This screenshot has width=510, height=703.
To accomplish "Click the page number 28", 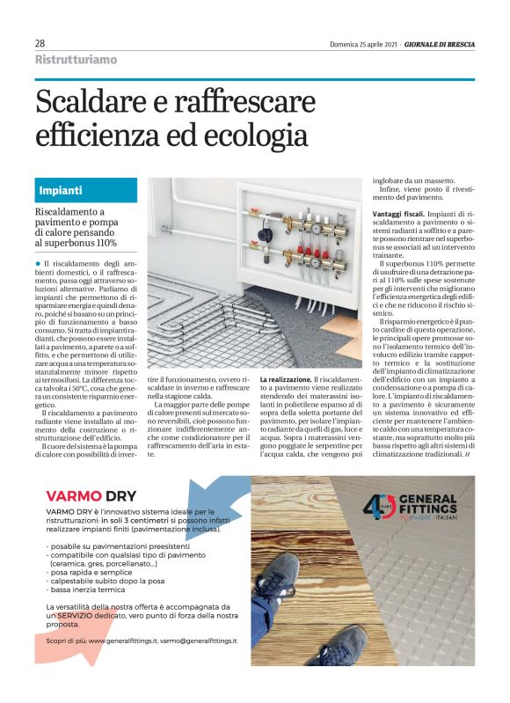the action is (40, 43).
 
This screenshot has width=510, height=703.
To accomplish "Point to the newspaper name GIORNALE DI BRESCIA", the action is (440, 44).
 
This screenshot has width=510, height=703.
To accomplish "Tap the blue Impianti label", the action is (62, 190).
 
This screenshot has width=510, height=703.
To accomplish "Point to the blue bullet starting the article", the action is (39, 263).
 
